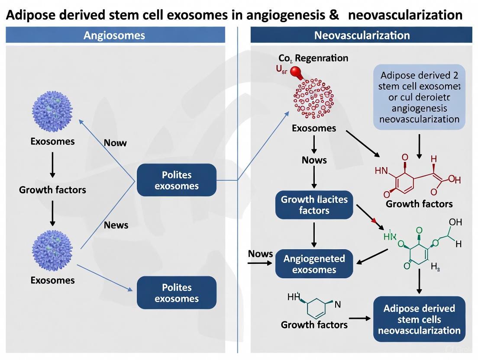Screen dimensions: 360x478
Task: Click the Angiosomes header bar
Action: click(x=115, y=35)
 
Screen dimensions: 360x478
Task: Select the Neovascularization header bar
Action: click(x=362, y=35)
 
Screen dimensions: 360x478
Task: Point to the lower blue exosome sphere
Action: click(x=52, y=250)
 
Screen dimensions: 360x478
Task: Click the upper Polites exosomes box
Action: click(x=176, y=180)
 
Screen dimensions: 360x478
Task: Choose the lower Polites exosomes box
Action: click(x=176, y=293)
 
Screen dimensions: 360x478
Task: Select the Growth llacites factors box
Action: click(x=314, y=205)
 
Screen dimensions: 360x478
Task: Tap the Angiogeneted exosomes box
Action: click(x=314, y=264)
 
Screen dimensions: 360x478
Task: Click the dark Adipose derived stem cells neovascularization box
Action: click(x=419, y=320)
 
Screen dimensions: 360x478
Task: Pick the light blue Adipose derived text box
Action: click(x=419, y=97)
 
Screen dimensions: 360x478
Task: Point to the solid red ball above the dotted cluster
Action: click(x=297, y=72)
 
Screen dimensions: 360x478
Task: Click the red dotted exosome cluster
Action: click(x=313, y=98)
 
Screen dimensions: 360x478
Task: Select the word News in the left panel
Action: click(x=116, y=225)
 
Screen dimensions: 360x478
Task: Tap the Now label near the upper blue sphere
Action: click(x=115, y=143)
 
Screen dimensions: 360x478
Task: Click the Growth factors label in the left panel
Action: click(x=52, y=190)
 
